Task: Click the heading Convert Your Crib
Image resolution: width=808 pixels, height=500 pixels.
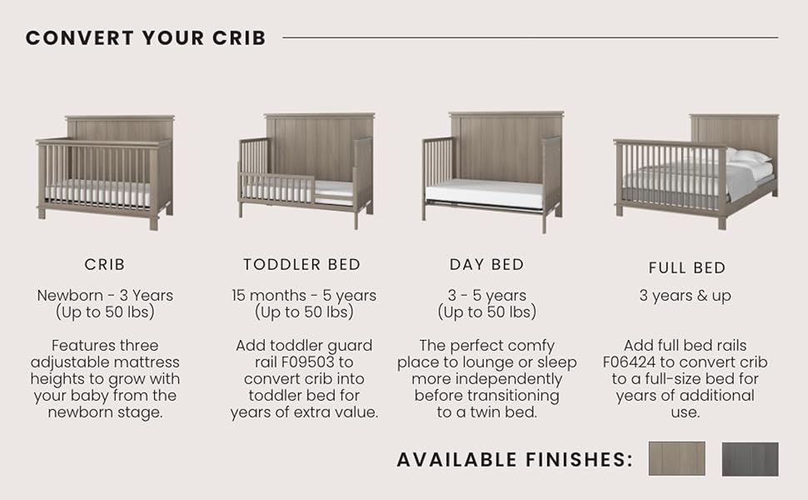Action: (146, 37)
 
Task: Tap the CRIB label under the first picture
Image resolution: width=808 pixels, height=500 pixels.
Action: (105, 264)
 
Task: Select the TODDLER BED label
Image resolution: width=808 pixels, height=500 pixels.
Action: (302, 264)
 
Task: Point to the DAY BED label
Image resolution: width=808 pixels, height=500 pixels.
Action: (486, 264)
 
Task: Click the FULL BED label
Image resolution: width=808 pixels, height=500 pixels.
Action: (687, 268)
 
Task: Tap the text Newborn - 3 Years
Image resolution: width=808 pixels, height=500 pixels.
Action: (105, 295)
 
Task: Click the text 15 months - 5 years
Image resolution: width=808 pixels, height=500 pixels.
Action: (304, 295)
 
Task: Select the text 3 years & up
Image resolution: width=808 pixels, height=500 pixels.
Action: (685, 296)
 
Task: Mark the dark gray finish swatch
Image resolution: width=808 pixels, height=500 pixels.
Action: (750, 459)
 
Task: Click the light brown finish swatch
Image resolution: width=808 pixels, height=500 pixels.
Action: (676, 459)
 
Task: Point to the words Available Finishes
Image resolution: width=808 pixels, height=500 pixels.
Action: (514, 459)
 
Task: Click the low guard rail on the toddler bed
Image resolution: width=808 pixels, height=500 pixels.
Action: (277, 187)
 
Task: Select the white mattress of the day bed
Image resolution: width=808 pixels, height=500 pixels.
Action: (485, 194)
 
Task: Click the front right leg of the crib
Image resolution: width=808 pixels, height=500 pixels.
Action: (153, 221)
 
